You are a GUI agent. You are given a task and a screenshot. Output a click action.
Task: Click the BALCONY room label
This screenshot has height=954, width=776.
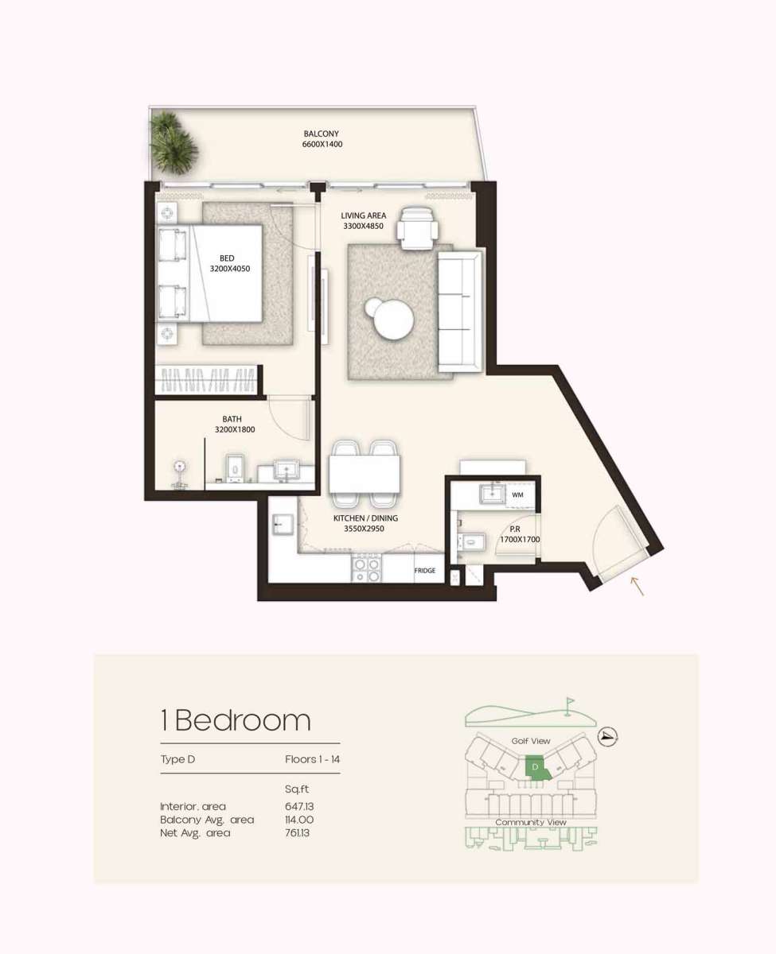(321, 134)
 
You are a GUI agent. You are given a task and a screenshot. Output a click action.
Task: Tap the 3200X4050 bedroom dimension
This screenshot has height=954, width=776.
(230, 269)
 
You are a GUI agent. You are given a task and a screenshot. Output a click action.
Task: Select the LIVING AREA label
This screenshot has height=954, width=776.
(363, 215)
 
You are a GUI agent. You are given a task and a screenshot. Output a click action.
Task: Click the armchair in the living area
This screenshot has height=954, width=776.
(417, 228)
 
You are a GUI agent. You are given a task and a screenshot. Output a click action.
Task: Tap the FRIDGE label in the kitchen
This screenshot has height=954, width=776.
(424, 571)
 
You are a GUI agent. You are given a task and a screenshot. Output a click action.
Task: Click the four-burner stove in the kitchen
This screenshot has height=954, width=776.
(367, 568)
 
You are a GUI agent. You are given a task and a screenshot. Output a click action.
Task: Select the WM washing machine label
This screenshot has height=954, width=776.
(517, 495)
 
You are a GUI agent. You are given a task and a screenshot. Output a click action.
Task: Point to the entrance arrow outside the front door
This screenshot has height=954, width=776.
(638, 586)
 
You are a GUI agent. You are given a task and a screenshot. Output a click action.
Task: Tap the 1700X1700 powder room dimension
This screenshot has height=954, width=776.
(520, 540)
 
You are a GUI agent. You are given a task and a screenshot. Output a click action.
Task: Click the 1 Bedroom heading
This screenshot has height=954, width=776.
(236, 720)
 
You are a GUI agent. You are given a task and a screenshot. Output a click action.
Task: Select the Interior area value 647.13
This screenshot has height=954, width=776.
(299, 806)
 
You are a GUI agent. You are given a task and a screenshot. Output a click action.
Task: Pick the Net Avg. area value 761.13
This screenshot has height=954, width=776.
(297, 832)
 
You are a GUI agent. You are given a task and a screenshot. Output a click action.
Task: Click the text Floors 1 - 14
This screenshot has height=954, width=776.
(312, 759)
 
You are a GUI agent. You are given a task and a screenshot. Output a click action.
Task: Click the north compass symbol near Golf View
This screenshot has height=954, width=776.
(608, 736)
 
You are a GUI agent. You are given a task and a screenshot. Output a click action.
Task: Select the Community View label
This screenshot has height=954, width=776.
(531, 822)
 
